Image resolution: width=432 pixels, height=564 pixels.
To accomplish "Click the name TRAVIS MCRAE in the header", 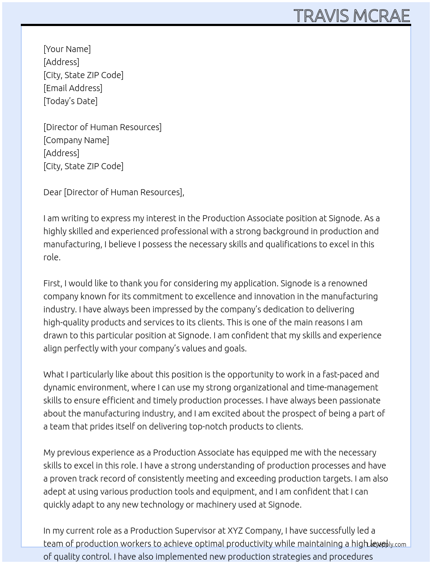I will pyautogui.click(x=351, y=16).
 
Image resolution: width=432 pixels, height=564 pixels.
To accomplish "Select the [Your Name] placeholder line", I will pyautogui.click(x=67, y=49).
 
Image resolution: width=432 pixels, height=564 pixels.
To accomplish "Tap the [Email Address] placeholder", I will pyautogui.click(x=73, y=88).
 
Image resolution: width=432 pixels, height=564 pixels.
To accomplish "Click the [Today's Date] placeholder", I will pyautogui.click(x=70, y=101).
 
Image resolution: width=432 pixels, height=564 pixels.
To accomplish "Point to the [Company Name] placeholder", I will pyautogui.click(x=76, y=140).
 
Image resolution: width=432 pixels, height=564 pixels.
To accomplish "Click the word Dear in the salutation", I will pyautogui.click(x=52, y=192).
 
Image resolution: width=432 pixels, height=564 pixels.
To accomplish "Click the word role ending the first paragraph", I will pyautogui.click(x=52, y=257).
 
